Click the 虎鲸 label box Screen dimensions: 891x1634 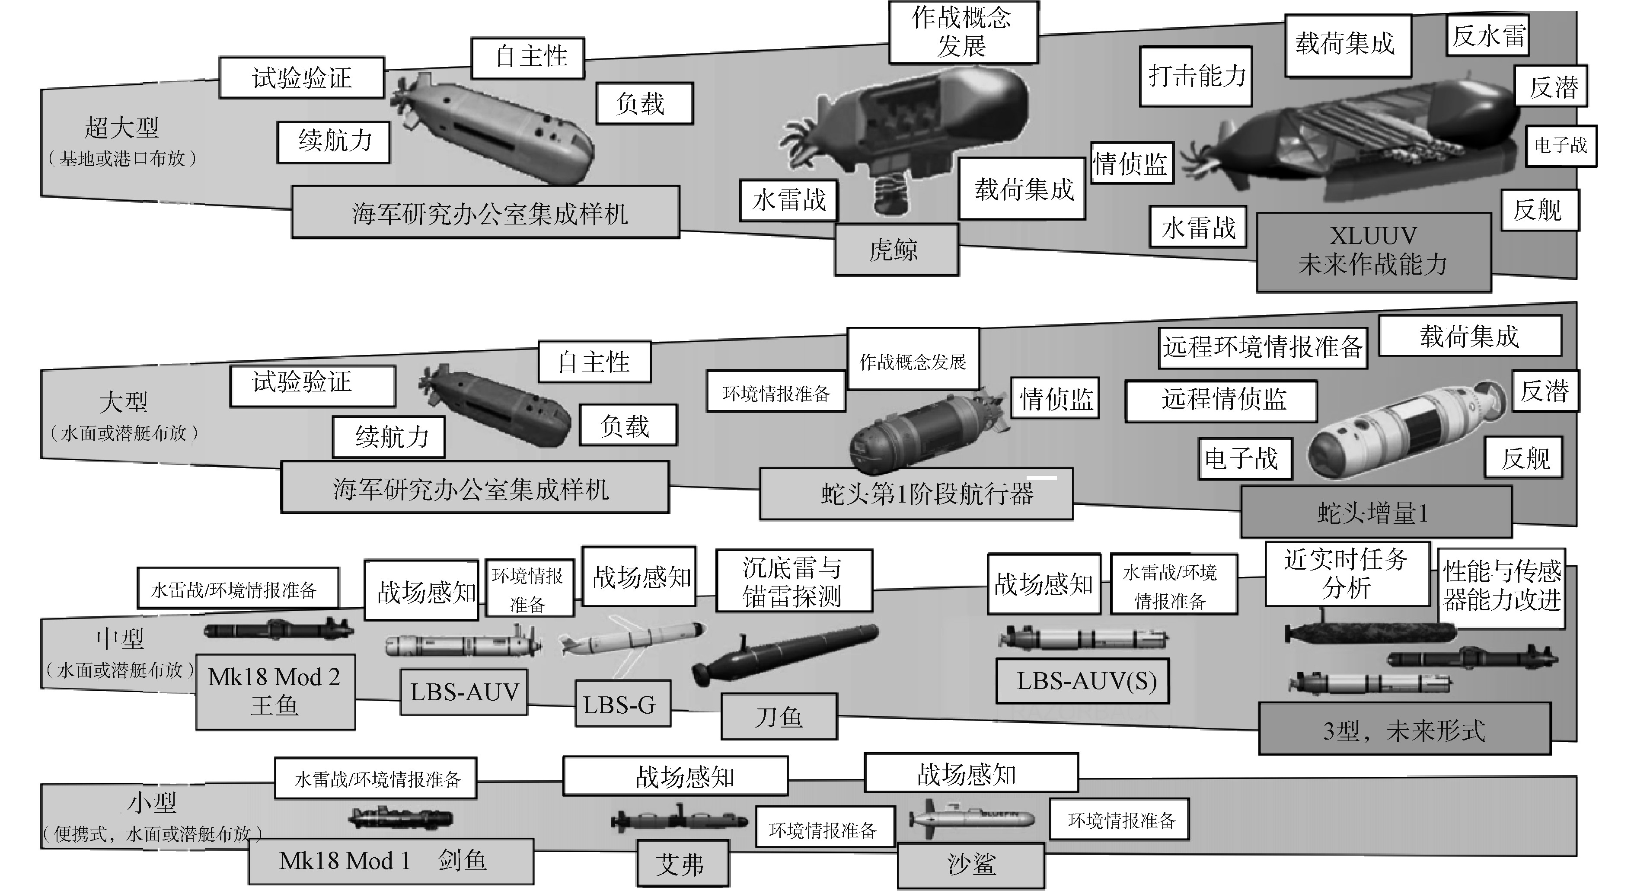(896, 250)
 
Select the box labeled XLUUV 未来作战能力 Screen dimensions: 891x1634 (1373, 251)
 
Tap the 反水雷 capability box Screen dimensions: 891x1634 (1488, 35)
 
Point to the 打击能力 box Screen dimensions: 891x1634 (1195, 76)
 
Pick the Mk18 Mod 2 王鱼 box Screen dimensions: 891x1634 (274, 692)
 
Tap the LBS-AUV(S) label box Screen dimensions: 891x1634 (1082, 681)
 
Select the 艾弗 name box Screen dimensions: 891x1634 (682, 864)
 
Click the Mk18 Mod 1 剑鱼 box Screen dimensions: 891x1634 (390, 861)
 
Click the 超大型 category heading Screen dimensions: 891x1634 (122, 128)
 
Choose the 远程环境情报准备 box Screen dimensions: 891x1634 (1262, 347)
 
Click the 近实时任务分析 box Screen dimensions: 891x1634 (1347, 574)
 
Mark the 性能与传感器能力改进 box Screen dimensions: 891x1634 (1501, 586)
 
